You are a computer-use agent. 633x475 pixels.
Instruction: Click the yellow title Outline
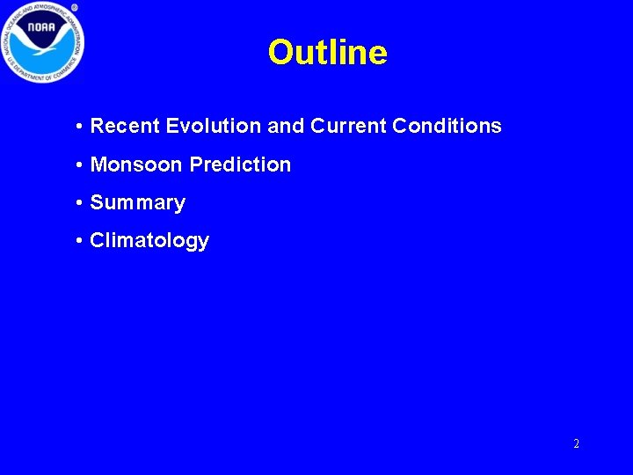coord(327,53)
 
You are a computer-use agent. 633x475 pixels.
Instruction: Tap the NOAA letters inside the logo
coord(41,28)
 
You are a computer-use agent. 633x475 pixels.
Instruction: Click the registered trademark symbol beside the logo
coord(74,8)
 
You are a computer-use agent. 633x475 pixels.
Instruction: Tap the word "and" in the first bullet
coord(285,126)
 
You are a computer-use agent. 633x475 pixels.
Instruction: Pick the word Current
coord(348,126)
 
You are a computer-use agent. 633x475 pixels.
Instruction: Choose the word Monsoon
coord(137,164)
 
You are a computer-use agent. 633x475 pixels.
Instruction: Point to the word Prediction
coord(240,164)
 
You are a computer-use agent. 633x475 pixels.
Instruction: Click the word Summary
coord(138,203)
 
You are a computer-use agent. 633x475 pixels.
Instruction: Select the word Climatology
coord(149,241)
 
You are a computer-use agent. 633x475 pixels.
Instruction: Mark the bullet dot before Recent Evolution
coord(79,127)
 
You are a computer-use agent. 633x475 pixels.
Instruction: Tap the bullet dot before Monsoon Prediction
coord(79,165)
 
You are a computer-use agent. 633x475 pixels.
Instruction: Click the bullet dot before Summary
coord(79,203)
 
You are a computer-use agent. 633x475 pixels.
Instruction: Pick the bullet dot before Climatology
coord(79,241)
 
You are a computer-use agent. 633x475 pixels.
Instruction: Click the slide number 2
coord(576,444)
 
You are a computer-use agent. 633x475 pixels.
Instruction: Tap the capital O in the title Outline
coord(280,53)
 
